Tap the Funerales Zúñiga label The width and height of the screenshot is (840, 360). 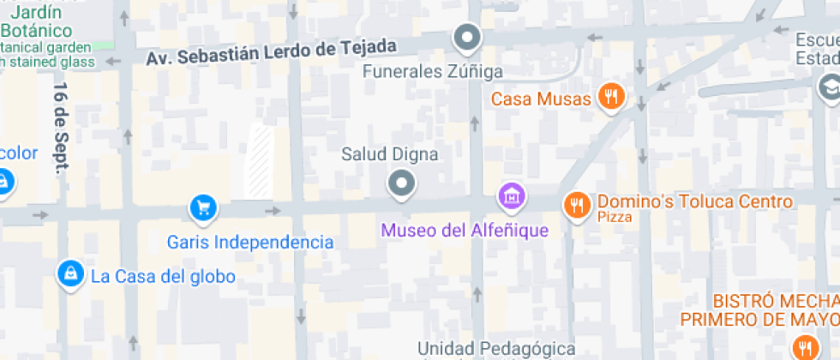[432, 71]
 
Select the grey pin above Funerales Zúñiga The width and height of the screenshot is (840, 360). [467, 37]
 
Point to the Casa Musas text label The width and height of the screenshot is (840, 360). [541, 99]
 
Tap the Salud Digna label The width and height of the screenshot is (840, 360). [389, 155]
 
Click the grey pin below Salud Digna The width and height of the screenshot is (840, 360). [400, 183]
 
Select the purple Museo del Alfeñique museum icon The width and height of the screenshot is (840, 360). [512, 195]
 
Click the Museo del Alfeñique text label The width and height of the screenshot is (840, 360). [464, 230]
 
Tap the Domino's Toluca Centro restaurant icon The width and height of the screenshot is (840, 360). [575, 204]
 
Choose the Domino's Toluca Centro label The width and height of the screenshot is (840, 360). [695, 202]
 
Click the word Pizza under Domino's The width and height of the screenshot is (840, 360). [615, 218]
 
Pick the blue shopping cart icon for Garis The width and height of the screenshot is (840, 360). [203, 207]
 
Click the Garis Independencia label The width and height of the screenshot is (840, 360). [250, 243]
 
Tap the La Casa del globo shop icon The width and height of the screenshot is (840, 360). [69, 273]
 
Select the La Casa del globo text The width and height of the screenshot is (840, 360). [163, 277]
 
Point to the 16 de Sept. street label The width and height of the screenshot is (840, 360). [61, 129]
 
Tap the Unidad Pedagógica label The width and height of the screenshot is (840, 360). [496, 348]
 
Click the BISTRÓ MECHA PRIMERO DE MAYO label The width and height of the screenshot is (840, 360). [776, 310]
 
